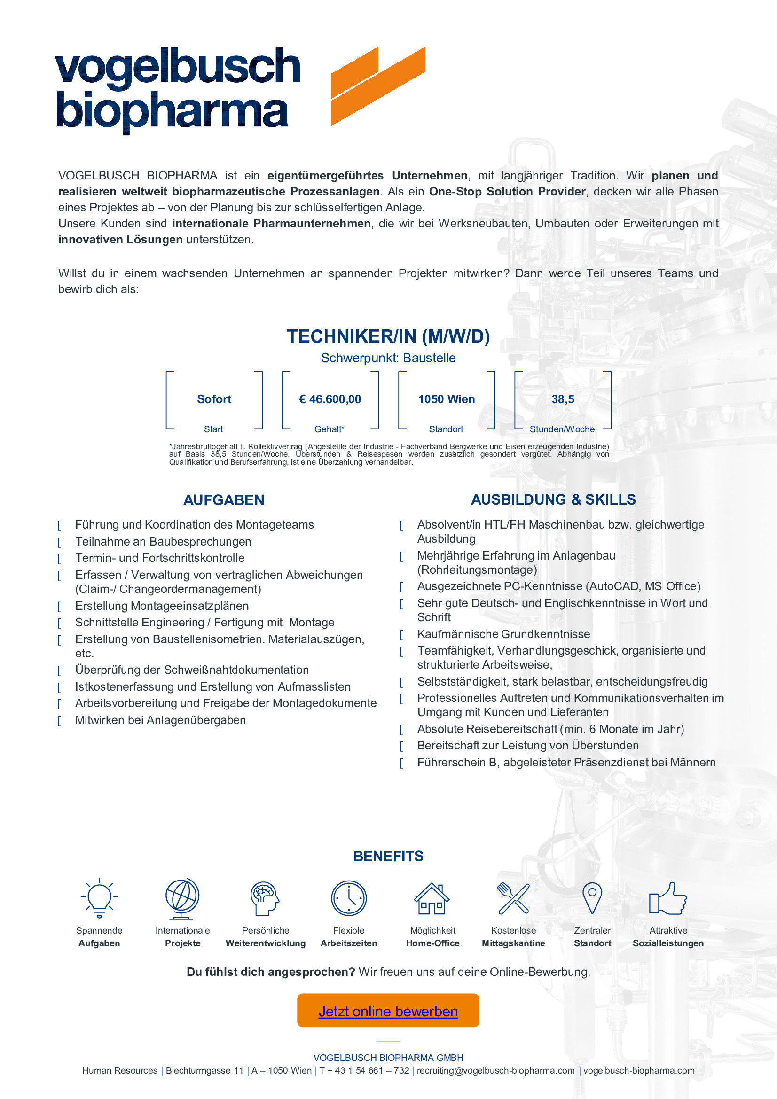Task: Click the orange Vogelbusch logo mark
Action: tap(378, 86)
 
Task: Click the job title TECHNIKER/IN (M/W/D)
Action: tap(388, 336)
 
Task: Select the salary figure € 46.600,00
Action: tap(330, 399)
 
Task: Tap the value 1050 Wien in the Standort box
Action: tap(446, 399)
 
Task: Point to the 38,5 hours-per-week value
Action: tap(563, 399)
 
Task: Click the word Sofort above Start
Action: tap(214, 399)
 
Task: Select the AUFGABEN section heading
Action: tap(224, 500)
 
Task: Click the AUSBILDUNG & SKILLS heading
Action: tap(553, 500)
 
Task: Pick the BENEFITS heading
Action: tap(388, 857)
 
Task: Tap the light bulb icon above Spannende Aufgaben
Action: tap(99, 898)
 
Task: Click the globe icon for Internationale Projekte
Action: tap(182, 899)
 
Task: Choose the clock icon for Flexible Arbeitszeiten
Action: tap(348, 898)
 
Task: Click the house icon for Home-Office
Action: tap(432, 899)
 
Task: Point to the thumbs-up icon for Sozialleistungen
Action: tap(667, 898)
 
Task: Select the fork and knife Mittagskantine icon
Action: tap(513, 898)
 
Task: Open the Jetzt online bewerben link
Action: tap(388, 1012)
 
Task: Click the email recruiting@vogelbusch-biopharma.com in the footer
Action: tap(495, 1071)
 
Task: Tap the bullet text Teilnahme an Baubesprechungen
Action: tap(163, 541)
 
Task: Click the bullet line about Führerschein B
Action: tap(566, 763)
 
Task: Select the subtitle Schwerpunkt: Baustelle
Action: tap(388, 358)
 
